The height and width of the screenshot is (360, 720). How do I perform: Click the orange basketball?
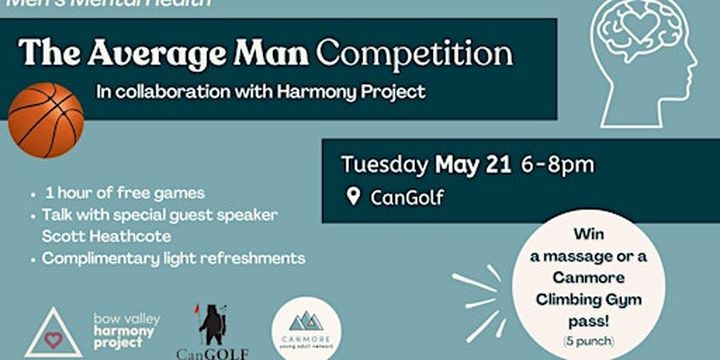point(46,119)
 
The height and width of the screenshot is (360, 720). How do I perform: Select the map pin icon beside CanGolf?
point(353,197)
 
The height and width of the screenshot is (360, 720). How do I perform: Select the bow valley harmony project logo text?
point(126,331)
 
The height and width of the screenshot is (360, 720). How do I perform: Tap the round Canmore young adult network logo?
point(305,328)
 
